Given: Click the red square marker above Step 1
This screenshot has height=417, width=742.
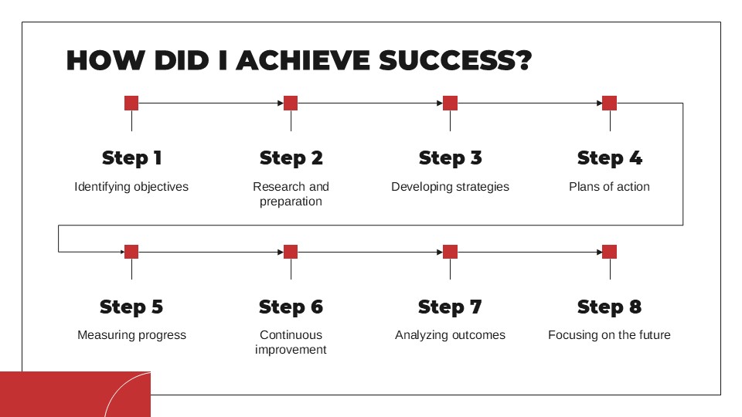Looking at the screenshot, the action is click(131, 103).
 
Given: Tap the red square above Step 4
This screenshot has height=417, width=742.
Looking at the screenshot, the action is click(610, 103).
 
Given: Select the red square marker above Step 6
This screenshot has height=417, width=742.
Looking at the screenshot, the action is click(291, 252).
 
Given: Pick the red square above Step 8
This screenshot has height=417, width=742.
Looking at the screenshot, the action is click(610, 252).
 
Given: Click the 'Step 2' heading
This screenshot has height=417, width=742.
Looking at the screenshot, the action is click(291, 158).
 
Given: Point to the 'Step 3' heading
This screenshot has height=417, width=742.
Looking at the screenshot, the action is click(450, 158).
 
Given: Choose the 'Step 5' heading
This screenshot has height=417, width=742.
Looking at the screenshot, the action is click(131, 307).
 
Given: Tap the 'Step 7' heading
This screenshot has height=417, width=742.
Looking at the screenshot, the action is click(450, 307).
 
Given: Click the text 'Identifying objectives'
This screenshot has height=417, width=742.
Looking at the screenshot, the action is click(131, 187).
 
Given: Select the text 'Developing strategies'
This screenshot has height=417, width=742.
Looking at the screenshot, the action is click(450, 187).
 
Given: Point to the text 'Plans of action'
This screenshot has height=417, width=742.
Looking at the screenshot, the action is click(610, 187).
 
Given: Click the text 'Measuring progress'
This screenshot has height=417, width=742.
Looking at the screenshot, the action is click(131, 335).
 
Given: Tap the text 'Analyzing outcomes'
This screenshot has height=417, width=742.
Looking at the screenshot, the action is click(450, 335).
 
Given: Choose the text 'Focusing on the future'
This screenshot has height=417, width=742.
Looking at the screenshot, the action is click(610, 334).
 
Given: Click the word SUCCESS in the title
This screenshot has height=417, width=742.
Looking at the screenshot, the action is click(455, 60).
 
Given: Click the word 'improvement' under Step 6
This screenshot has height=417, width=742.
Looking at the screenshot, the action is click(291, 350).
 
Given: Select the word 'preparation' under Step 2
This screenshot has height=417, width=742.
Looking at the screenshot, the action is click(291, 202).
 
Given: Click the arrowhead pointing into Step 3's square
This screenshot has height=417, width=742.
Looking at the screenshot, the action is click(440, 103).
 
